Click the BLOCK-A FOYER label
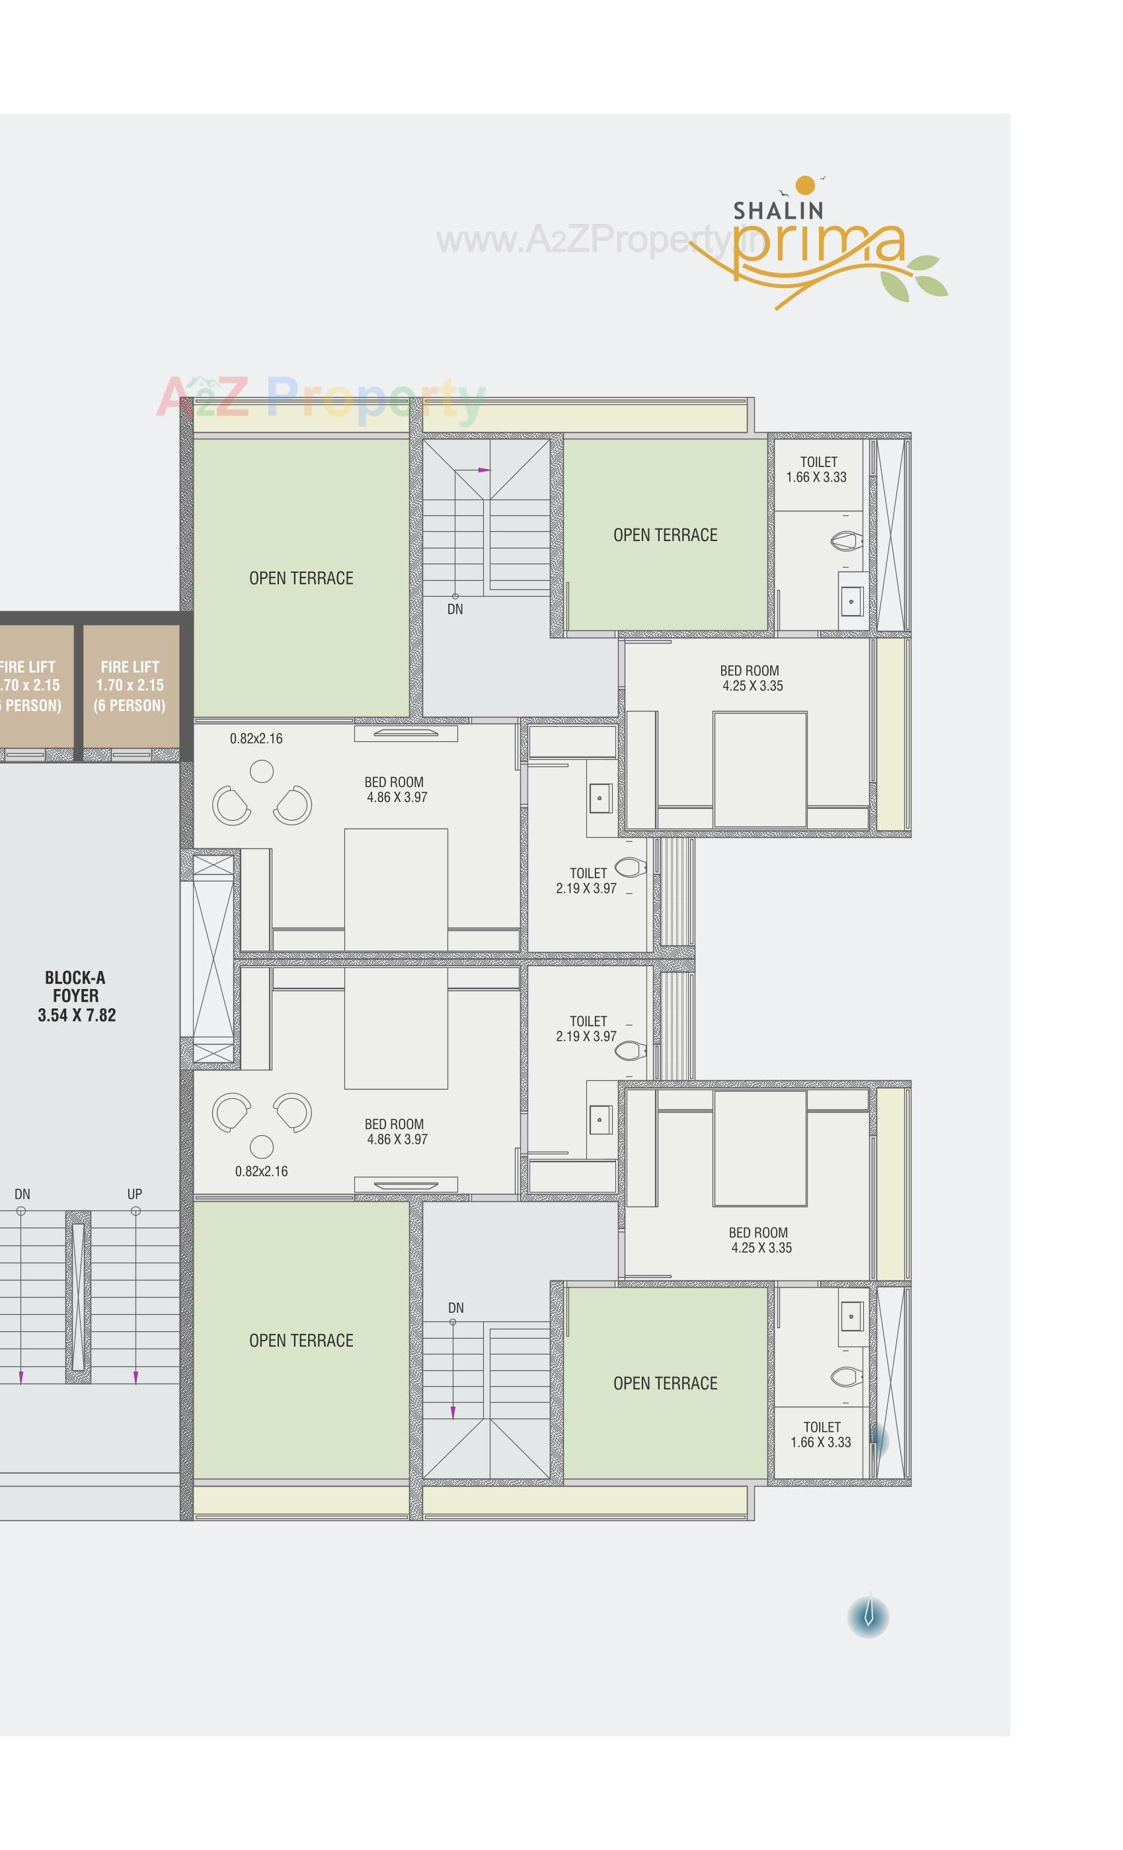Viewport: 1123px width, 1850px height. click(76, 996)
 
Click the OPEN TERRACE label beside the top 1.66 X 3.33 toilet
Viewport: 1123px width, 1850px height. click(665, 535)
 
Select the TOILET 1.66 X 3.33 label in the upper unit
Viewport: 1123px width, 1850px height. click(816, 469)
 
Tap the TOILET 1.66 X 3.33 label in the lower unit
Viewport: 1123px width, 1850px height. click(820, 1434)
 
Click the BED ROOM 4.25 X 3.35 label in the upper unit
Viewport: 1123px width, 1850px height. click(751, 678)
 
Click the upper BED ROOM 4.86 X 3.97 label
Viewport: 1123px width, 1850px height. click(396, 790)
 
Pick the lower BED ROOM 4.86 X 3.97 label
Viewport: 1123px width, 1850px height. click(396, 1131)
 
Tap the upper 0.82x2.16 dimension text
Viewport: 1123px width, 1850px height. click(256, 739)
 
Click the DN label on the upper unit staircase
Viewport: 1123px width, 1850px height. click(455, 609)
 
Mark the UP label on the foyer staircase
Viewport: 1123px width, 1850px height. click(134, 1194)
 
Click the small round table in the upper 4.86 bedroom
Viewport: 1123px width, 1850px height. click(261, 771)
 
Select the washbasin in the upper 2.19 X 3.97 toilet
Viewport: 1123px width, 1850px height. click(600, 798)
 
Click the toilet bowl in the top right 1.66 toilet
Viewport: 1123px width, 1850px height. click(847, 540)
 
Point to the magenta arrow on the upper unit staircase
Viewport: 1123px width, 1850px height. click(483, 470)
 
